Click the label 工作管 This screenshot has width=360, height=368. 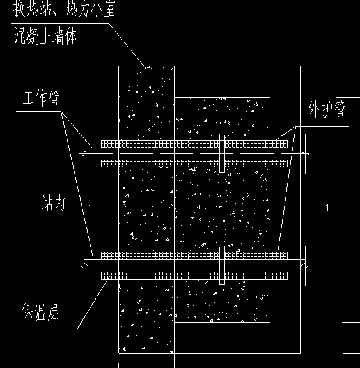click(42, 98)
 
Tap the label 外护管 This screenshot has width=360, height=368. click(327, 109)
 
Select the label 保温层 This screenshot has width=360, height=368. click(40, 312)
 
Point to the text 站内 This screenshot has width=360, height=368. click(53, 203)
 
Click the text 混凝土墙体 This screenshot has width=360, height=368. click(45, 36)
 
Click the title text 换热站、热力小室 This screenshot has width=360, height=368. click(64, 9)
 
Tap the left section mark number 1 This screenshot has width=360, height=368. click(90, 208)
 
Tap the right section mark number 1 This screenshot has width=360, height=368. click(327, 208)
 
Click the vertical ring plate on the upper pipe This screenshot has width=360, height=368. click(222, 153)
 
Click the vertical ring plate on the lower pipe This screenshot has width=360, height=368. click(222, 265)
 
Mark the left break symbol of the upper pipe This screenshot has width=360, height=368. click(84, 154)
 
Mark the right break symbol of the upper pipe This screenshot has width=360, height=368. click(305, 154)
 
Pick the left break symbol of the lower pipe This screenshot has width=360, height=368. click(84, 266)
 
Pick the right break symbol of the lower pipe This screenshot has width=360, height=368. click(305, 266)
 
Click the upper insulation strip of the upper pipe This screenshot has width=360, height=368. click(194, 144)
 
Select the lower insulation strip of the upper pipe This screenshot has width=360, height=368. click(194, 164)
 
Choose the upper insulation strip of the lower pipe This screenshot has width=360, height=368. click(194, 256)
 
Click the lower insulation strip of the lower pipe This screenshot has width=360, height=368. click(194, 275)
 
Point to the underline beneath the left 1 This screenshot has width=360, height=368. click(91, 217)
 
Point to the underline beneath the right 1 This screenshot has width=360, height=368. click(329, 217)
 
